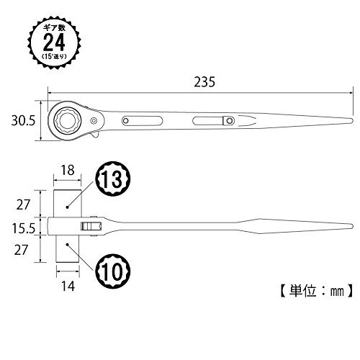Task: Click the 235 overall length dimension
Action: pyautogui.click(x=204, y=82)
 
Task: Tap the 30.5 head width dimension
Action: pyautogui.click(x=23, y=121)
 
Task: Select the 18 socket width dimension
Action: pyautogui.click(x=68, y=171)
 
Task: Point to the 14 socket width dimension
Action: pyautogui.click(x=68, y=286)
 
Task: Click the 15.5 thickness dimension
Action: pyautogui.click(x=24, y=228)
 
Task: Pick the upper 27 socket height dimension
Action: pyautogui.click(x=23, y=205)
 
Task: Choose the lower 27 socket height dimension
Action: pyautogui.click(x=21, y=250)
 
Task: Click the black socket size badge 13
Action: pyautogui.click(x=112, y=179)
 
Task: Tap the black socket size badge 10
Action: pyautogui.click(x=112, y=271)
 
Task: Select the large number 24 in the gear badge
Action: pyautogui.click(x=54, y=42)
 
